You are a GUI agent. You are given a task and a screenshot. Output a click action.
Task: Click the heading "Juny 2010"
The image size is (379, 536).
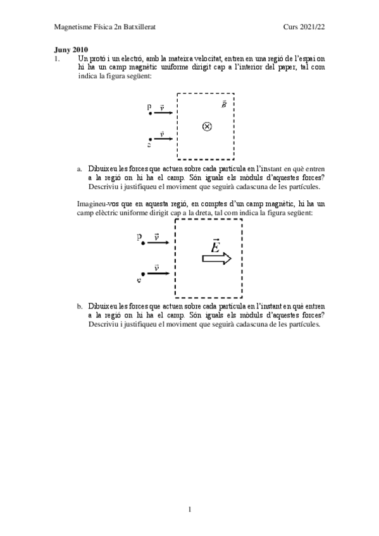[x=70, y=49]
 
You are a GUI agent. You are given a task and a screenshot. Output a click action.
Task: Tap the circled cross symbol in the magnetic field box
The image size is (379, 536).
[x=206, y=126]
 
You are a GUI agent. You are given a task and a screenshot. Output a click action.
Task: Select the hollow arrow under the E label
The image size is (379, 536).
[x=216, y=259]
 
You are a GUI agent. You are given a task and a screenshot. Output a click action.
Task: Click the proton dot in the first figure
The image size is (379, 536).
[x=150, y=114]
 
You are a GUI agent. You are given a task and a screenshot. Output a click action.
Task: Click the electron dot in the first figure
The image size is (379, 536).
[x=150, y=139]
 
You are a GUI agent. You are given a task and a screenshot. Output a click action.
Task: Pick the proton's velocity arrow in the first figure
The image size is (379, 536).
[x=163, y=114]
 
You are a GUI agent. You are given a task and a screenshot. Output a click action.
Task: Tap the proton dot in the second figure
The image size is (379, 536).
[x=144, y=243]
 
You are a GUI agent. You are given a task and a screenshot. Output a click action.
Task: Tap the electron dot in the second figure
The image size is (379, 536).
[x=144, y=273]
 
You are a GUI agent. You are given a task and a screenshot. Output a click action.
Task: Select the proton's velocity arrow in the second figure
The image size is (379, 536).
[x=158, y=243]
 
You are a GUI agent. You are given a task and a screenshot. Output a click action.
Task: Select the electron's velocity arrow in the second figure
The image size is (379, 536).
[x=158, y=273]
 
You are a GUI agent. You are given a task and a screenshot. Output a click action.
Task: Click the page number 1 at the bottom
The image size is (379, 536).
[x=190, y=508]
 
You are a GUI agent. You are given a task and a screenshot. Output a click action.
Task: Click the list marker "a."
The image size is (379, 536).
[x=80, y=169]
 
